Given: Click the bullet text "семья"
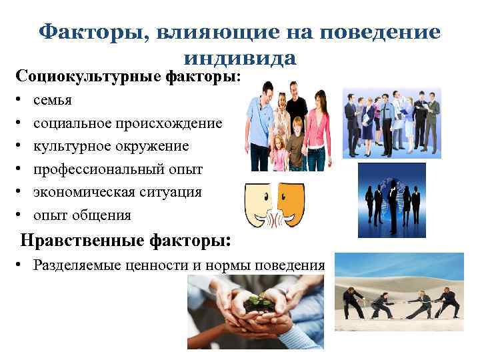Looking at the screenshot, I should point(54,100).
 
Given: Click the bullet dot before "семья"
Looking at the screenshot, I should point(21,101).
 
